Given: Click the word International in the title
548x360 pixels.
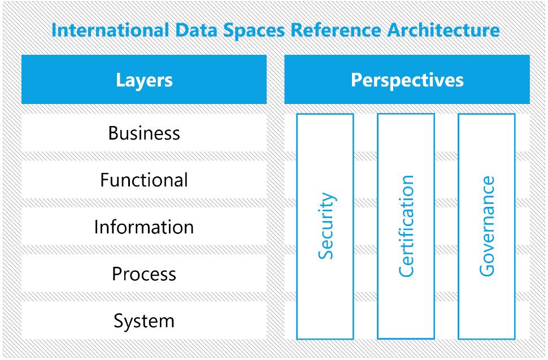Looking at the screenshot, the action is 110,30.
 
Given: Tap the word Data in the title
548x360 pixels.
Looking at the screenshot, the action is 196,30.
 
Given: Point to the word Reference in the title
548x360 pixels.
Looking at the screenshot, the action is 336,30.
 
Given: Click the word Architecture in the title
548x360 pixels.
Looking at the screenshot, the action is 443,30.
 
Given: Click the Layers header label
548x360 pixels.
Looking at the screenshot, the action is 144,80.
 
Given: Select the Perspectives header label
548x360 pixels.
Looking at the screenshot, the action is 407,80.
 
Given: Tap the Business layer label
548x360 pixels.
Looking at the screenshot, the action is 144,133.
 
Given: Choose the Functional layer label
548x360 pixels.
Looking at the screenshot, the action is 144,180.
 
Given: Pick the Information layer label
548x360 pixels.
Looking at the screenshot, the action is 144,227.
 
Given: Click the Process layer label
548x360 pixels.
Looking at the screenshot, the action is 144,274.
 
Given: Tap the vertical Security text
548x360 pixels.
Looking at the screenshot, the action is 327,226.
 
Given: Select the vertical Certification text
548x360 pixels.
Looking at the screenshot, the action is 406,226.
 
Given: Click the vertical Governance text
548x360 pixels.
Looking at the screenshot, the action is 487,226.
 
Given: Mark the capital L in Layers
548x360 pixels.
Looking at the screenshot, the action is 120,80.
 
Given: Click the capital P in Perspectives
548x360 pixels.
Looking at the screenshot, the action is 356,80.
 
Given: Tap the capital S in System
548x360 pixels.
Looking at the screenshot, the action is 119,320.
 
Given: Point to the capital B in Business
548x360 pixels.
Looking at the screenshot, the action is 114,133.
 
